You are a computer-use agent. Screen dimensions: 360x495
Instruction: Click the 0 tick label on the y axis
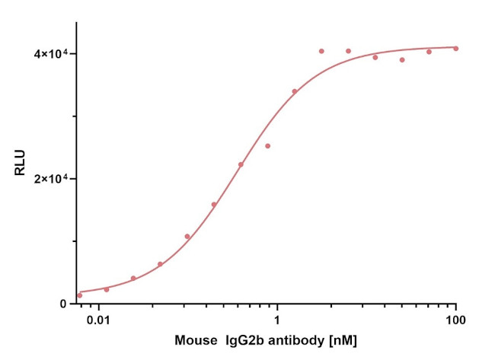[65, 304]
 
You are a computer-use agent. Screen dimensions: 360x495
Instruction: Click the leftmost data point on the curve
[79, 295]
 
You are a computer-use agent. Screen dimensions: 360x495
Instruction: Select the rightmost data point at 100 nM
[456, 49]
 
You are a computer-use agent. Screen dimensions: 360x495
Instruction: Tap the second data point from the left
[107, 289]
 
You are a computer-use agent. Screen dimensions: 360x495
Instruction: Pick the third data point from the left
[133, 279]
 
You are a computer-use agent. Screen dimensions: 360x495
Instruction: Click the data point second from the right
[429, 52]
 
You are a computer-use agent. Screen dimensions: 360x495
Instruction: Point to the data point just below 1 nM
[267, 146]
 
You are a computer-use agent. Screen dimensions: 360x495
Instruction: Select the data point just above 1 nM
[295, 91]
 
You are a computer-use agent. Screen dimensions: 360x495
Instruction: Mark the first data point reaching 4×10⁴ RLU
[321, 51]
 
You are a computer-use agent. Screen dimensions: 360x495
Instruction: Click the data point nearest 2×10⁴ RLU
[241, 164]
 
